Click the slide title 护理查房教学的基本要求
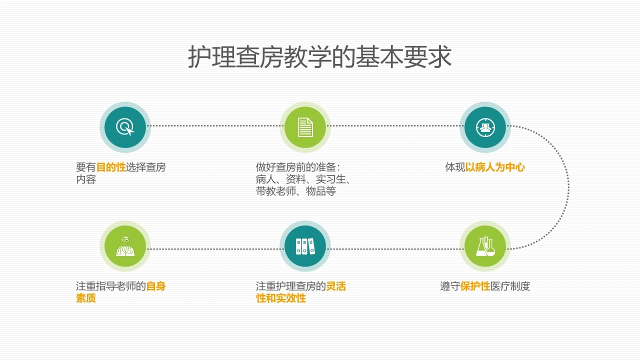(x=319, y=56)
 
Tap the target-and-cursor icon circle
(x=125, y=127)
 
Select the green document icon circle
(x=305, y=127)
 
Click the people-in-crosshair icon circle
(x=485, y=127)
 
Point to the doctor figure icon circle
(x=125, y=246)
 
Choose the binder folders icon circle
(x=305, y=246)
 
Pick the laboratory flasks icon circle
(x=485, y=246)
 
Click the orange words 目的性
(x=111, y=167)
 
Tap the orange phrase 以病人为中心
(x=495, y=167)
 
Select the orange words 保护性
(x=475, y=286)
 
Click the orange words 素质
(x=85, y=298)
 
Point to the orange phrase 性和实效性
(x=281, y=298)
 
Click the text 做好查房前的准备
(x=295, y=167)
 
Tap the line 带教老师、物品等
(x=295, y=191)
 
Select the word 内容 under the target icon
(x=85, y=179)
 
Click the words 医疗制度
(x=510, y=286)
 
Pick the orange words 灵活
(x=336, y=286)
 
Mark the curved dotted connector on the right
(x=568, y=187)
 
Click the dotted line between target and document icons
(x=215, y=125)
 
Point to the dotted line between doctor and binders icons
(x=215, y=249)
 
